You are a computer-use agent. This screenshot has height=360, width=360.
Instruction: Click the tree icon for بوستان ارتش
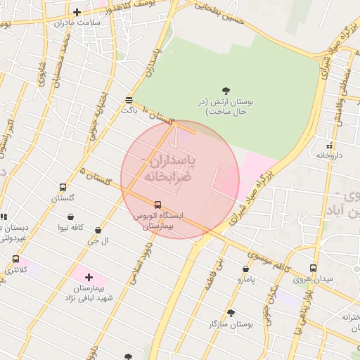click(226, 90)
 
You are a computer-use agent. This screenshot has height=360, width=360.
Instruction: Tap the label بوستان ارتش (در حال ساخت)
click(226, 107)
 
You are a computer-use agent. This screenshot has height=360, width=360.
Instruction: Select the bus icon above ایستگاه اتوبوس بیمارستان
click(157, 205)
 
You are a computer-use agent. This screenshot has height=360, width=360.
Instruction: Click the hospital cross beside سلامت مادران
click(77, 12)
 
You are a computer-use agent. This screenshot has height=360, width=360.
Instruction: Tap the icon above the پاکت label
click(128, 100)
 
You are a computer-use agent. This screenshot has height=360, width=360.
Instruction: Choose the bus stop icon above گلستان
click(63, 188)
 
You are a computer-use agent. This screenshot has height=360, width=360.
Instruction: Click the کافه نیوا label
click(71, 227)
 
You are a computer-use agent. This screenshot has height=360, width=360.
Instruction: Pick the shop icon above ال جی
click(97, 230)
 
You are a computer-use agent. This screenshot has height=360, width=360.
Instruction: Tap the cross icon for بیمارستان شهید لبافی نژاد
click(89, 278)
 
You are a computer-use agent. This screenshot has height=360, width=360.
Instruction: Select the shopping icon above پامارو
click(245, 269)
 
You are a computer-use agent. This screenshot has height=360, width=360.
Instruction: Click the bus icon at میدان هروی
click(313, 268)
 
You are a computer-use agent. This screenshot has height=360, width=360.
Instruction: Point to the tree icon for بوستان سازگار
click(230, 313)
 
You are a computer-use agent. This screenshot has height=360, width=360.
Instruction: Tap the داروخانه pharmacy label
click(328, 155)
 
